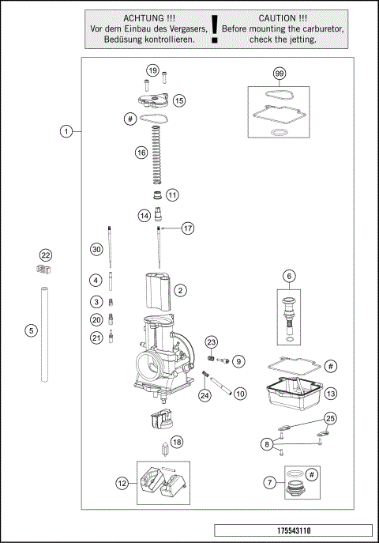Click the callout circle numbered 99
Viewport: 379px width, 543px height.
coord(279,74)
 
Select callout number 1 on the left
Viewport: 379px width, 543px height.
coord(67,131)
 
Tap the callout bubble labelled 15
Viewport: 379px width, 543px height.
coord(179,100)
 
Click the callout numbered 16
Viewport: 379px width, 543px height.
coord(141,152)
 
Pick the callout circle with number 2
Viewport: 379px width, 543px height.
coord(181,291)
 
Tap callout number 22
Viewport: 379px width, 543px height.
coord(46,255)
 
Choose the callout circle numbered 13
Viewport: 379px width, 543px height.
coord(331,393)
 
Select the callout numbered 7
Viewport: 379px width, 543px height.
coord(271,481)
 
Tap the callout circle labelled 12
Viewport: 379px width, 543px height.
coord(122,481)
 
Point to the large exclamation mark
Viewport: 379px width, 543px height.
coord(214,28)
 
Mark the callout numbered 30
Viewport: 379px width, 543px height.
coord(96,250)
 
